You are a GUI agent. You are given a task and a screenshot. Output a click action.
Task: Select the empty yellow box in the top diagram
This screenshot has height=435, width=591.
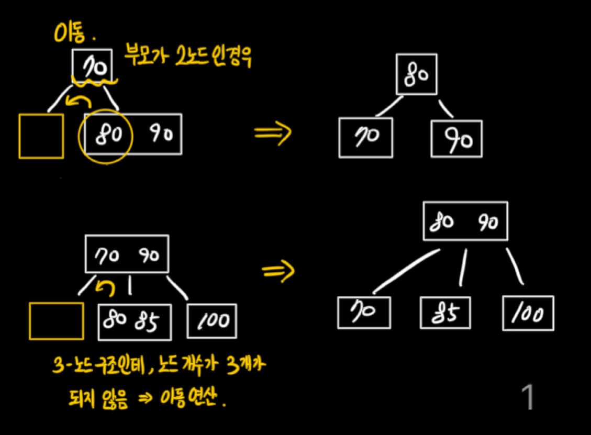[41, 136]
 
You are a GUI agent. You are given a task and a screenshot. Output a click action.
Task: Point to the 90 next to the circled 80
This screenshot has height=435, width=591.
[162, 135]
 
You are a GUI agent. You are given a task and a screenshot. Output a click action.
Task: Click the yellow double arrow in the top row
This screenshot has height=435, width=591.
[272, 134]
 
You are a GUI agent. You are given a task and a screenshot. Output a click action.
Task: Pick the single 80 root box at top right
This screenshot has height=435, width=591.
[417, 74]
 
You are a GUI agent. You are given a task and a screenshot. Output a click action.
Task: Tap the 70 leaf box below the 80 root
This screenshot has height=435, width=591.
[365, 138]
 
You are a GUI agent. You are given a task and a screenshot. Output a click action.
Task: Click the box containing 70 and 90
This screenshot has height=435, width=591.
[127, 254]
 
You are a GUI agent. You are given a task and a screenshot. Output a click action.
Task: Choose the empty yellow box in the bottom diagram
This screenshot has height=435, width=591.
[57, 321]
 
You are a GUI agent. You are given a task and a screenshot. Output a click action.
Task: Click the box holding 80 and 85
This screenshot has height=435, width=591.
[134, 321]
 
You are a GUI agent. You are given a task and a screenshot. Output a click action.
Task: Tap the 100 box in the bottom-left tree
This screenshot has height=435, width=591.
[211, 321]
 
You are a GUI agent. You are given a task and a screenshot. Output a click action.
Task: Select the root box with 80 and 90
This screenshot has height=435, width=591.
[465, 221]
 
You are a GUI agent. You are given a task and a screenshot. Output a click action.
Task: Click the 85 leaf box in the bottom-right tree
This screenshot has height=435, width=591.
[445, 314]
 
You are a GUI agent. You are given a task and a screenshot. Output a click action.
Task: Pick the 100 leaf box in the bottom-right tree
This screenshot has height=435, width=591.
[528, 313]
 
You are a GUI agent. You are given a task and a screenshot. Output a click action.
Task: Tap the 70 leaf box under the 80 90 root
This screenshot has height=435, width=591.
[364, 313]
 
